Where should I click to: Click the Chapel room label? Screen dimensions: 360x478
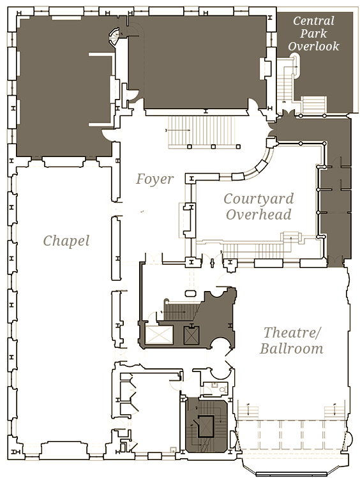66,241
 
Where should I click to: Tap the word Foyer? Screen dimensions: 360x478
155,179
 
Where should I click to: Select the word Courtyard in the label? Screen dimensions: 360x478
259,199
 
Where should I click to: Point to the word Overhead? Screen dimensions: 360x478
259,214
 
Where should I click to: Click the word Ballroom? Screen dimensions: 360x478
292,348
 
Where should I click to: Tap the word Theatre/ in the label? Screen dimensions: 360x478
292,332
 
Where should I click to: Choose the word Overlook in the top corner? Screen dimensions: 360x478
313,46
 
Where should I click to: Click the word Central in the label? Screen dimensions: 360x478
313,20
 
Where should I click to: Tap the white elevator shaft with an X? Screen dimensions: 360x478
159,334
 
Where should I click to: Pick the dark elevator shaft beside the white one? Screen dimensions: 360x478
191,335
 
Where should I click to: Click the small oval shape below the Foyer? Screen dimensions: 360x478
191,294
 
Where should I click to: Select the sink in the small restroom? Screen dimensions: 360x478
214,385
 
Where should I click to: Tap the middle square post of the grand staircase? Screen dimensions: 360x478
213,147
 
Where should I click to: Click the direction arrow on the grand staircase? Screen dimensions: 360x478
178,130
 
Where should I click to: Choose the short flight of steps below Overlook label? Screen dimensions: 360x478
314,105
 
